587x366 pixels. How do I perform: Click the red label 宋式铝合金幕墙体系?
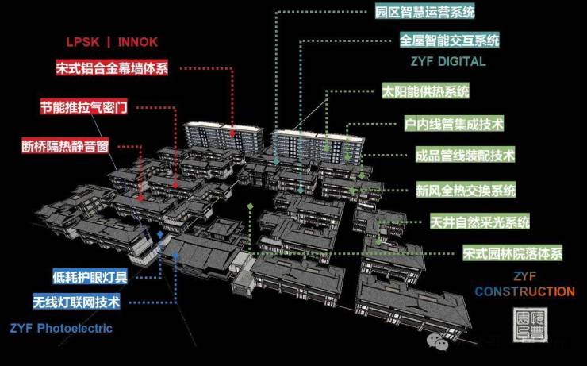tap(113, 68)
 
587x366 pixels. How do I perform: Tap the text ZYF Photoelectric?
tap(61, 328)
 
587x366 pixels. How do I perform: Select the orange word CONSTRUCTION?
tap(524, 291)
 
